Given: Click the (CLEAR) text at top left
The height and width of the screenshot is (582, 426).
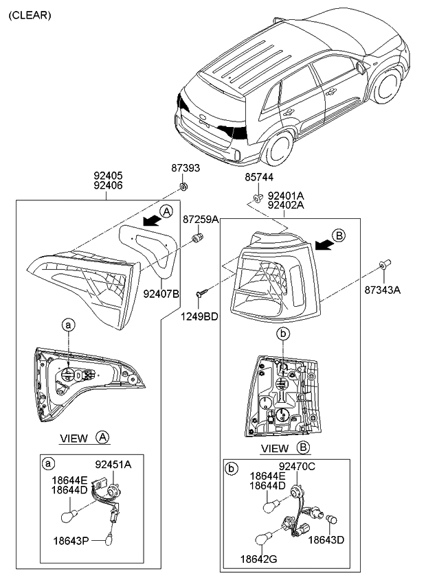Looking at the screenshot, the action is point(30,15).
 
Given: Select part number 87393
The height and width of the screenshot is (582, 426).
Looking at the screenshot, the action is point(186,168).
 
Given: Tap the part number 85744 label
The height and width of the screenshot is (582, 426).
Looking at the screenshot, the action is point(259,178).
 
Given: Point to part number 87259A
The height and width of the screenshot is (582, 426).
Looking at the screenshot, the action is point(201,220).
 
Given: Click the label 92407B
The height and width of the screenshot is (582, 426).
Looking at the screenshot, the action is point(161,294).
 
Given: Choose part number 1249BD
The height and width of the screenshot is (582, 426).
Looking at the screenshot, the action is point(200,316).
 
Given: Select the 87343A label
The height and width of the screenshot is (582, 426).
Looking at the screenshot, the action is point(383,290).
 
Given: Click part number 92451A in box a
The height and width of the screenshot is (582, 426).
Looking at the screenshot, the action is point(113,465).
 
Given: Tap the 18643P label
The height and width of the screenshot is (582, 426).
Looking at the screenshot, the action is point(71,541).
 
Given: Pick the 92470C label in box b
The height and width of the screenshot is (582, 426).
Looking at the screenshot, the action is point(297,466).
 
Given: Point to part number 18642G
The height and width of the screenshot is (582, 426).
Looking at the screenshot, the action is point(259,559).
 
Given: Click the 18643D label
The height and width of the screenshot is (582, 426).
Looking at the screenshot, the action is point(326,539).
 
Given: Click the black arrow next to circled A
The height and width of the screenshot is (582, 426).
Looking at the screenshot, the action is point(152,221).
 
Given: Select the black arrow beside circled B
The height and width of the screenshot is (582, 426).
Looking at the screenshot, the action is point(323,244).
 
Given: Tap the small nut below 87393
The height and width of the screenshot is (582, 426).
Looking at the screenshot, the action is point(183,186).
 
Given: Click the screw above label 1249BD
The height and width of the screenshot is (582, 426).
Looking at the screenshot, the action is point(201,293).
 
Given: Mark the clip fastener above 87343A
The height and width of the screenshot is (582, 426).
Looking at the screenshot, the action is point(383,264).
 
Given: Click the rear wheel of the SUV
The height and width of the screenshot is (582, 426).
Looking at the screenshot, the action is point(279,148).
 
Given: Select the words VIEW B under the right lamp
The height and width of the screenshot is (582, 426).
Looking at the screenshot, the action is point(285,448).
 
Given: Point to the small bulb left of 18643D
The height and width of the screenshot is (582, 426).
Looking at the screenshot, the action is point(331,520).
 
